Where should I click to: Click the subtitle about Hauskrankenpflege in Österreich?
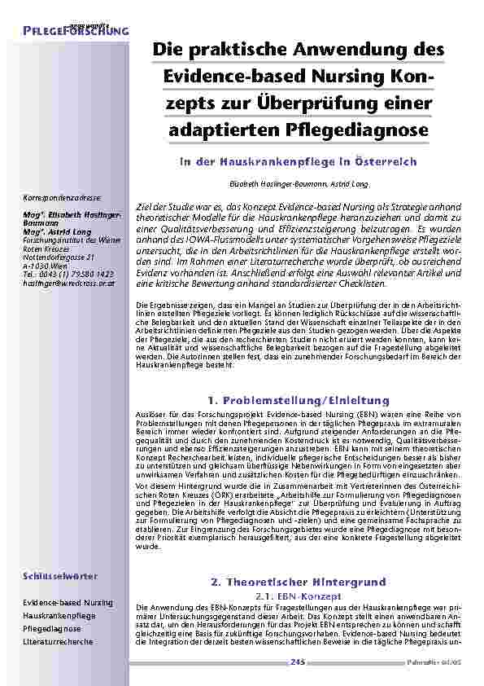click(298, 161)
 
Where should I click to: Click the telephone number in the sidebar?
click(68, 272)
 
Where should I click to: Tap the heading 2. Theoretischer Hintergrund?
click(298, 583)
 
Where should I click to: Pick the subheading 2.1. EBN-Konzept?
click(298, 596)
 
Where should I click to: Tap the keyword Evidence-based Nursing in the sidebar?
click(68, 602)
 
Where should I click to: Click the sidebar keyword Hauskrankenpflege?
click(59, 616)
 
